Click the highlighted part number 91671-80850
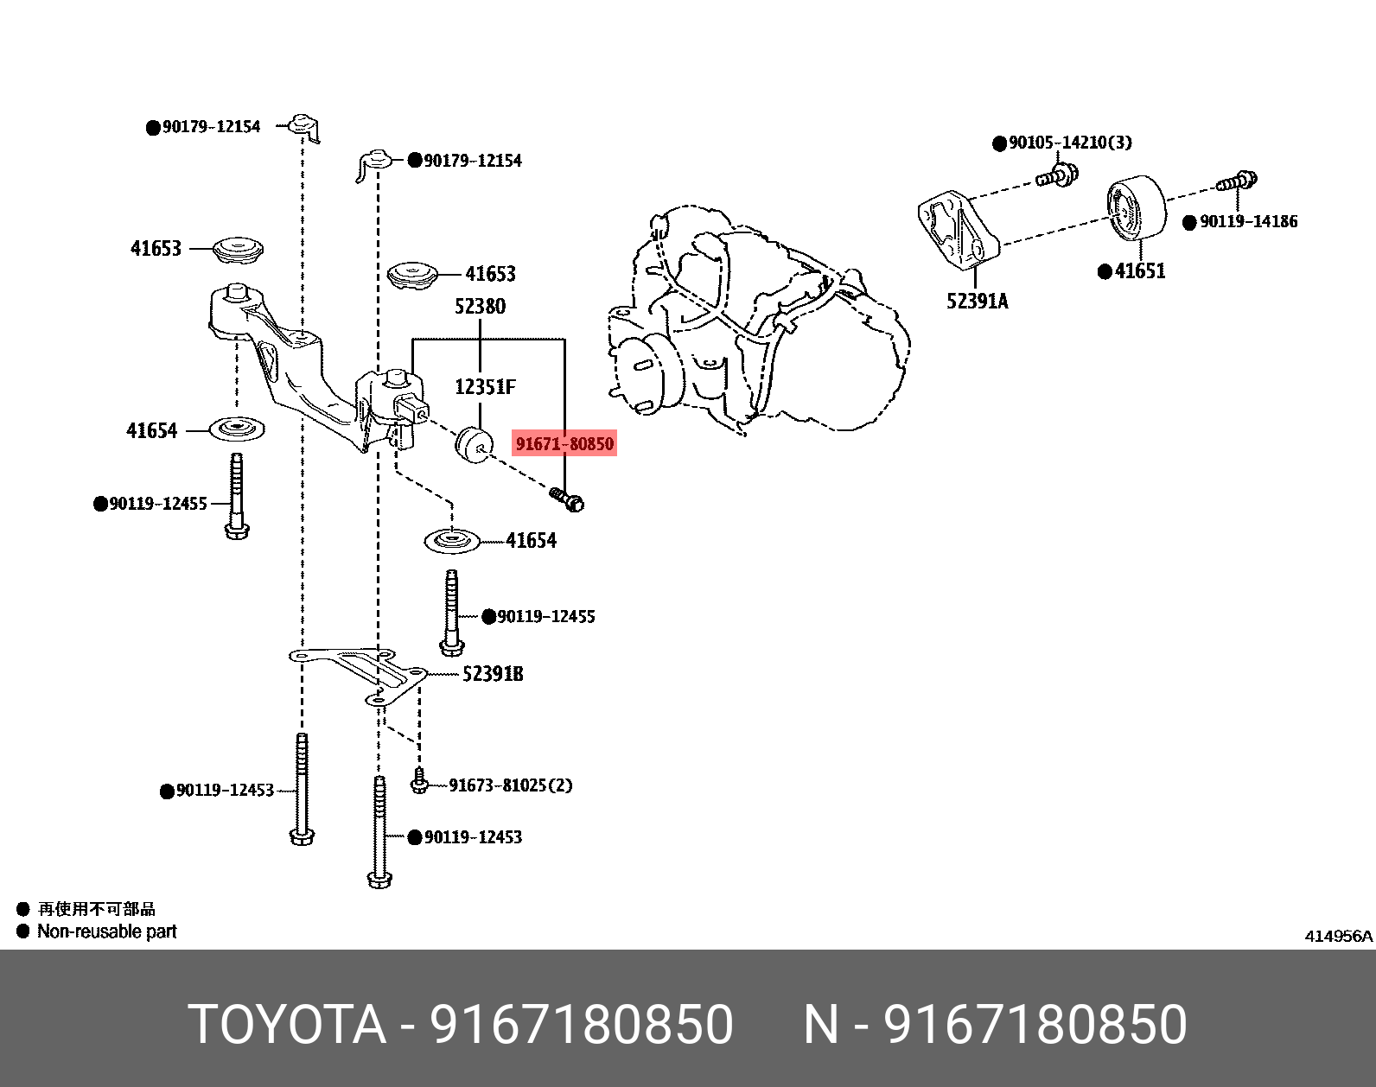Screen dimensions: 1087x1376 click(x=564, y=444)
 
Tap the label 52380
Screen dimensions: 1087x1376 click(x=480, y=306)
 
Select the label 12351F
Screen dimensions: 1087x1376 click(x=485, y=387)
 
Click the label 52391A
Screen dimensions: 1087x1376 click(x=977, y=301)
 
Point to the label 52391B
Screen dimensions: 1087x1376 click(x=492, y=674)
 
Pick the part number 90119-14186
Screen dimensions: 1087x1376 click(x=1248, y=222)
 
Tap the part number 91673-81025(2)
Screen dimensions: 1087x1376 click(x=510, y=785)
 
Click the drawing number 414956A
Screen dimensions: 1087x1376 click(x=1338, y=936)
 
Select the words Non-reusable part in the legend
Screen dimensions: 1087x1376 click(x=106, y=931)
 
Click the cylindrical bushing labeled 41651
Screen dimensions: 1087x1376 click(x=1136, y=207)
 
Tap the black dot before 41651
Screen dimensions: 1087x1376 click(x=1104, y=272)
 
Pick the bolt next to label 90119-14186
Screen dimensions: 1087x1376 click(x=1238, y=181)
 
